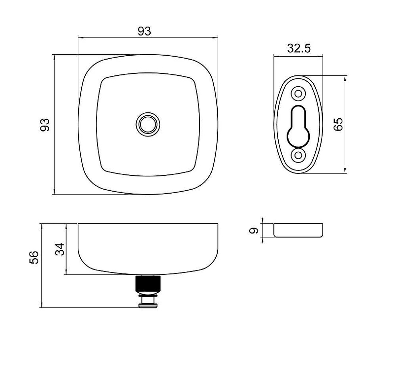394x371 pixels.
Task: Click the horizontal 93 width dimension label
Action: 144,31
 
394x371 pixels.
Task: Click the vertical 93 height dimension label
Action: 45,125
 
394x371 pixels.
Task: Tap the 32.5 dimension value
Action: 299,48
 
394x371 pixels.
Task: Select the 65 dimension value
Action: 338,124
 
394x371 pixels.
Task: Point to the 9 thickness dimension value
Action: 254,230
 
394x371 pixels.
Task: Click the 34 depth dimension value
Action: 60,249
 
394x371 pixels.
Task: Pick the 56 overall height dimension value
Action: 34,257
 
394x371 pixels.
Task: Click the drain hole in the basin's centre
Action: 148,124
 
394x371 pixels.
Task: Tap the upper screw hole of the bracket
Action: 298,94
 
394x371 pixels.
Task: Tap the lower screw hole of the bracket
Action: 298,155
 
